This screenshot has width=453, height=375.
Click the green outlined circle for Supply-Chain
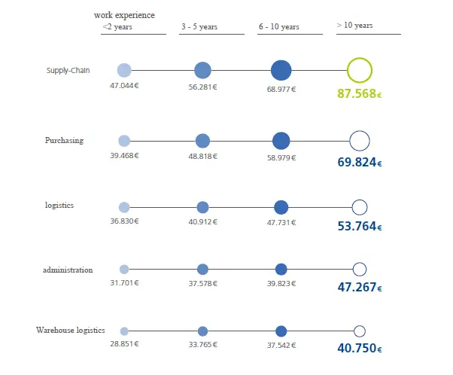pos(360,71)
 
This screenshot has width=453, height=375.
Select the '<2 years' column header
pos(117,27)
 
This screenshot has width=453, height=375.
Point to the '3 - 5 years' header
pos(199,27)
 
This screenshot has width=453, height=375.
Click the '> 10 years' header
pos(355,26)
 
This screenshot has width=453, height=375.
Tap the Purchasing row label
pos(64,141)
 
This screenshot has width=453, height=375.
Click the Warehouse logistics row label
pos(71,331)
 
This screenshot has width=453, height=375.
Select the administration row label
pos(68,270)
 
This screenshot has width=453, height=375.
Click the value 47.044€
pos(124,87)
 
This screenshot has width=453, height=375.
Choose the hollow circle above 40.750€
pos(360,331)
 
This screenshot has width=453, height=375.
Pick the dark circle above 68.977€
pos(281,71)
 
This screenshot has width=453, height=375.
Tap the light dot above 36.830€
pos(124,207)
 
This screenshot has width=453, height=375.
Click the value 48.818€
pos(202,156)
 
